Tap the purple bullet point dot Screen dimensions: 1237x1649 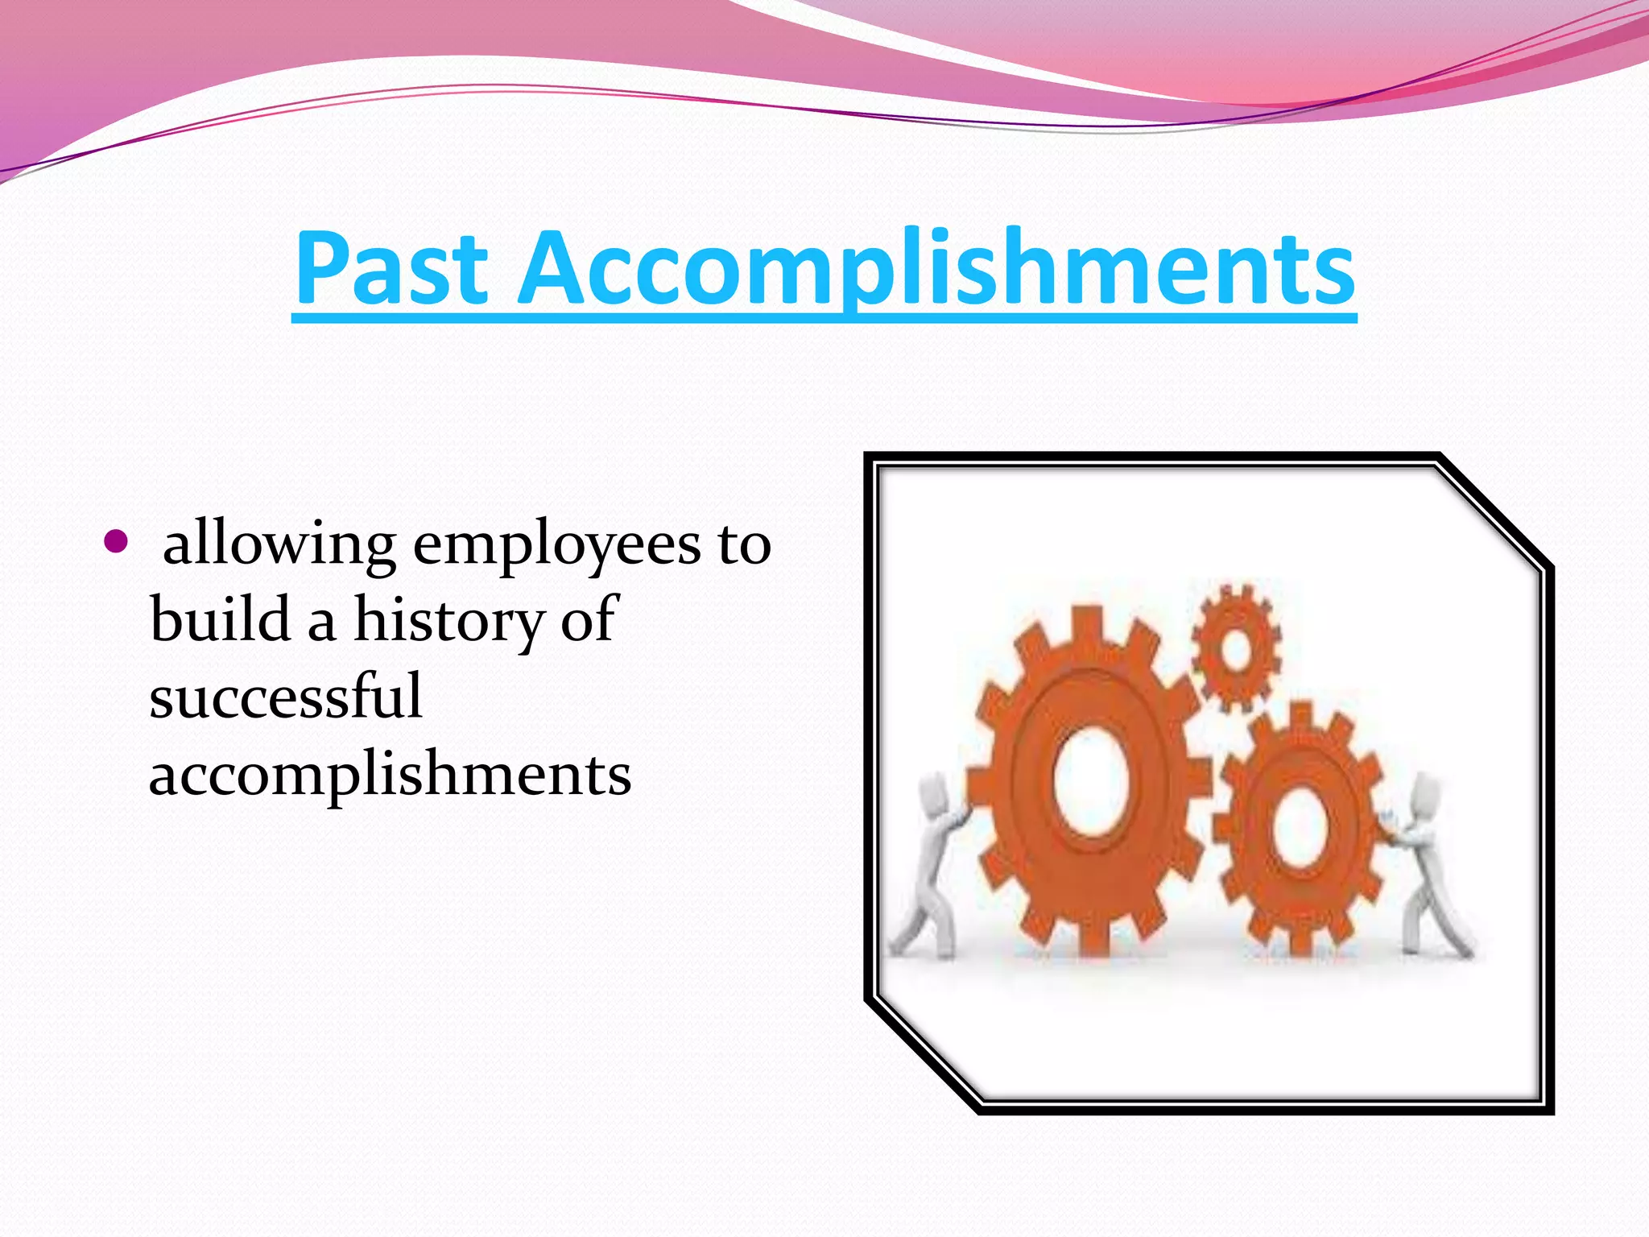point(116,543)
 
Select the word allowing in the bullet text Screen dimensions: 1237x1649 point(279,546)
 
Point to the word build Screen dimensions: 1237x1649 point(220,619)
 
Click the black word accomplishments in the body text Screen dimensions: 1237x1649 point(390,775)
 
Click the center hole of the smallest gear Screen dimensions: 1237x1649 point(1236,648)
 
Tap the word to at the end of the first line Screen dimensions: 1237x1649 point(744,546)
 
